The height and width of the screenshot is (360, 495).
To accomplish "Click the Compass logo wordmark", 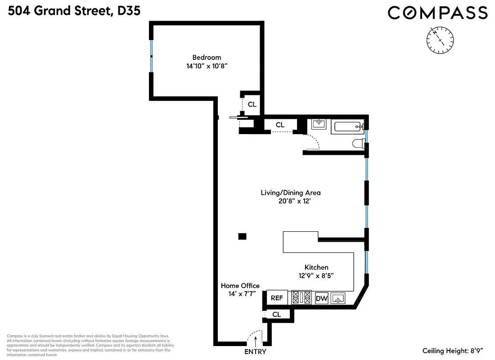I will click(437, 13).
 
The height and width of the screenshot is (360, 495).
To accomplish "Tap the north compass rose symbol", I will click(440, 40).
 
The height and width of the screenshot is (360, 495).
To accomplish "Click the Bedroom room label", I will click(207, 57).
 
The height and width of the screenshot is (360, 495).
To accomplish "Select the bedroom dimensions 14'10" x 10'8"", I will click(207, 66).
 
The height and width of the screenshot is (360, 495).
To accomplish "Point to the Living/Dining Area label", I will click(291, 193).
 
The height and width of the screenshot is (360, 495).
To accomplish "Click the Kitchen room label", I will click(316, 267).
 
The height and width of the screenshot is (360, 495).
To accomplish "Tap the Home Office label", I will click(240, 286).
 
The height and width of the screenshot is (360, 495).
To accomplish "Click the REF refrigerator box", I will click(277, 298).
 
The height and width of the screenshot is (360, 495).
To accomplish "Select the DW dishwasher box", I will click(321, 298).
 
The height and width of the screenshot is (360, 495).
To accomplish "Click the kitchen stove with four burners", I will click(301, 297).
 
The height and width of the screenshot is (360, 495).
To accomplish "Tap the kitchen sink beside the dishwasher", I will click(339, 298).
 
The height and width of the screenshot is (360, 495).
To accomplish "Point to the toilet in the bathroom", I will click(359, 144).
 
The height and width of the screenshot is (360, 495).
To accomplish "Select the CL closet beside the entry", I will click(276, 315).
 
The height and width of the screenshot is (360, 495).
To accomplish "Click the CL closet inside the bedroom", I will click(252, 104).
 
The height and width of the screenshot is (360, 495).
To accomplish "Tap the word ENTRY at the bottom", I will click(255, 352).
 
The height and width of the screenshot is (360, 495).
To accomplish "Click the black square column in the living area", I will click(242, 236).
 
